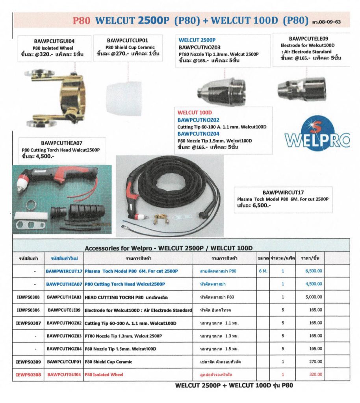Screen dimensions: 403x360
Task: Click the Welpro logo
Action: tap(317, 134)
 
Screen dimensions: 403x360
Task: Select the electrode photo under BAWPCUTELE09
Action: tap(302, 88)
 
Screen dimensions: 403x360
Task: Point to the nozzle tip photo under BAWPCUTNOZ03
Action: tap(221, 91)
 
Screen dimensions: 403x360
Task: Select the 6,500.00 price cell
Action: tap(314, 271)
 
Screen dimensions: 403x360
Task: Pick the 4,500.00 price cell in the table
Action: tap(314, 284)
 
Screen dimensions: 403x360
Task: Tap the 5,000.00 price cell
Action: tap(314, 297)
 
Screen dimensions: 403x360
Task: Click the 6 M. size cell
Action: tap(263, 271)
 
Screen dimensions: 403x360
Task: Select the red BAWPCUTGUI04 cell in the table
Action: tap(64, 375)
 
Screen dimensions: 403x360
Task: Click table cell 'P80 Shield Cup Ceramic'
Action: tap(108, 362)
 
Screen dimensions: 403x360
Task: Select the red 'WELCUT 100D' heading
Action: tap(195, 113)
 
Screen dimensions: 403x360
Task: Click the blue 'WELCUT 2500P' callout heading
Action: tap(197, 40)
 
